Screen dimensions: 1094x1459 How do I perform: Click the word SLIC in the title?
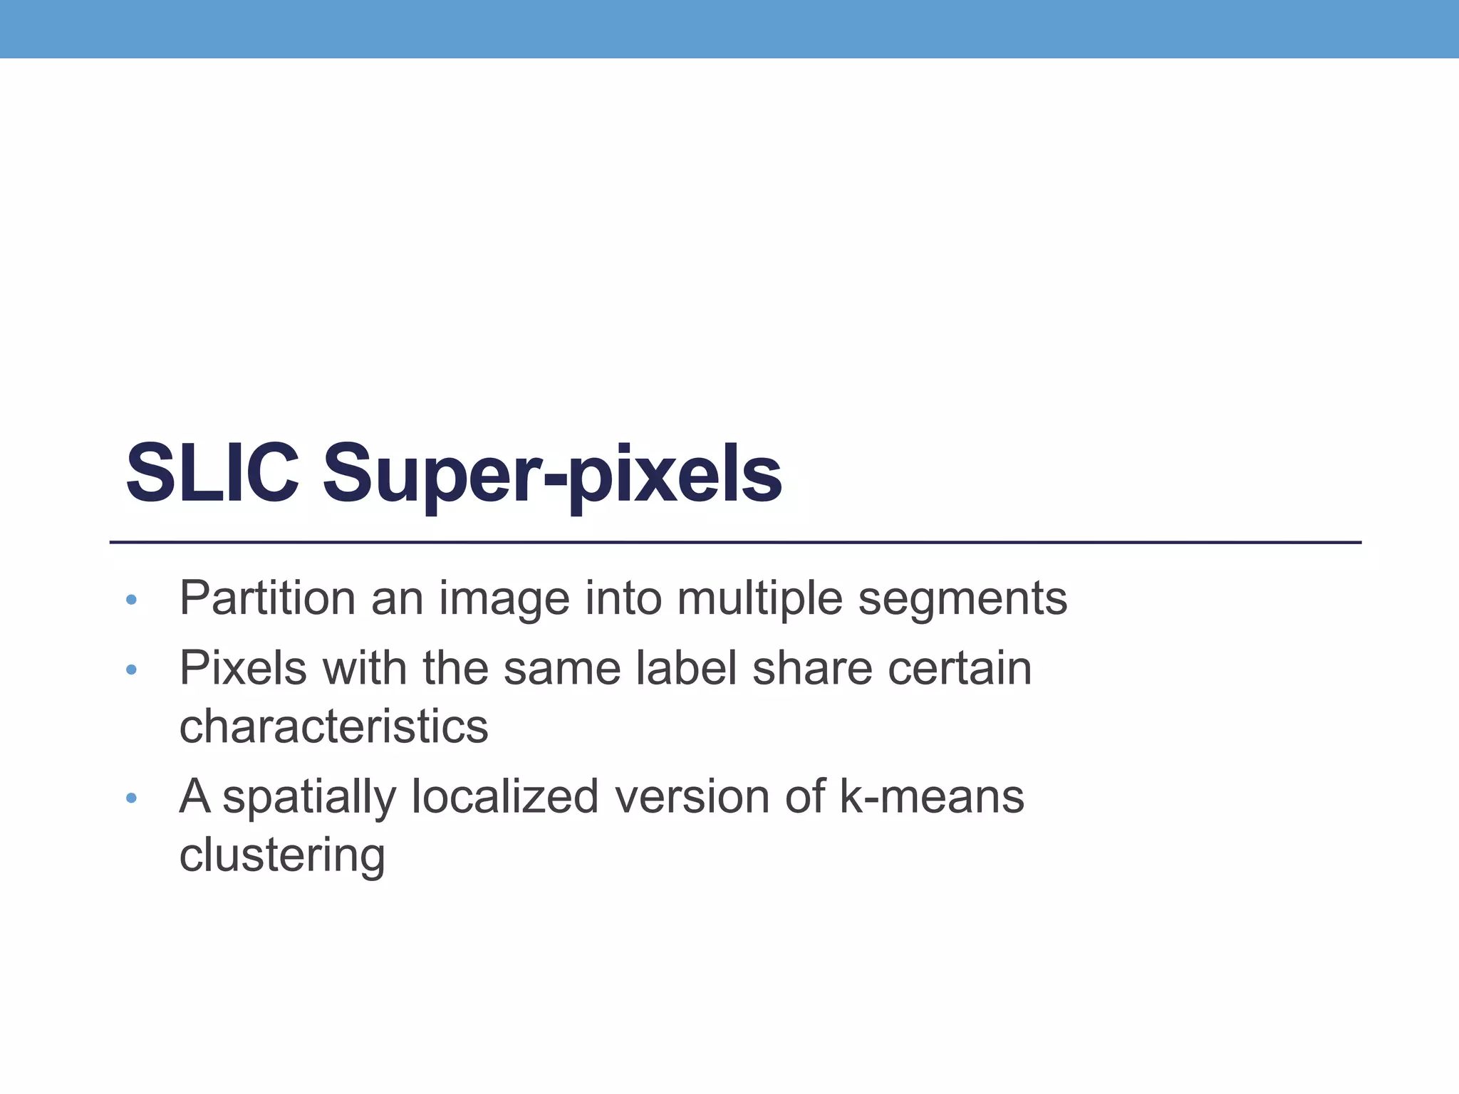coord(212,473)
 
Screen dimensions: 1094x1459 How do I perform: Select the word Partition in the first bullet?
coord(267,598)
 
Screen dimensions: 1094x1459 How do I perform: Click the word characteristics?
coord(333,726)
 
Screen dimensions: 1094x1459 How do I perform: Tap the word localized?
coord(505,796)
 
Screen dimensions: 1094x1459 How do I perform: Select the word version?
coord(692,796)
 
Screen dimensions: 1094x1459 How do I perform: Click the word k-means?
coord(932,796)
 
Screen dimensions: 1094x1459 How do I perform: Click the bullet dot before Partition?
coord(130,600)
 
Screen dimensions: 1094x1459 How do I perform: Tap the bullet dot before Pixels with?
coord(130,670)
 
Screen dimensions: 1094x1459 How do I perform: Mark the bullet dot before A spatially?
coord(130,798)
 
